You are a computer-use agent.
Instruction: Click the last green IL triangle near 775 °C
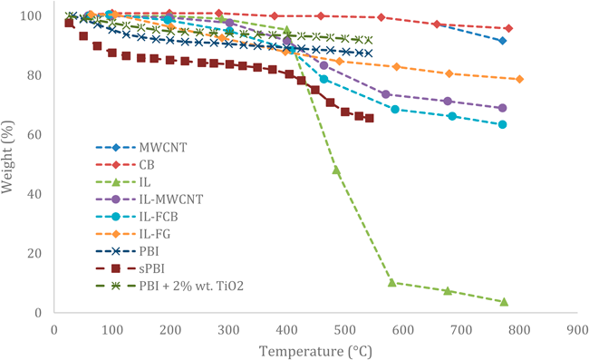[504, 302]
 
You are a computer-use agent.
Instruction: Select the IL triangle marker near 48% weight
[336, 170]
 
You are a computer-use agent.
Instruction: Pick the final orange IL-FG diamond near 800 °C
[519, 79]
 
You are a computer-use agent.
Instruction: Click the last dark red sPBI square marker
[369, 118]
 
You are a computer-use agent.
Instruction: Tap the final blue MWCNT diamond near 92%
[502, 41]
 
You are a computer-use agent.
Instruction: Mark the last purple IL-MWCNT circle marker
[502, 108]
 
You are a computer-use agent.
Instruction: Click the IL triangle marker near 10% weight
[392, 282]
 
